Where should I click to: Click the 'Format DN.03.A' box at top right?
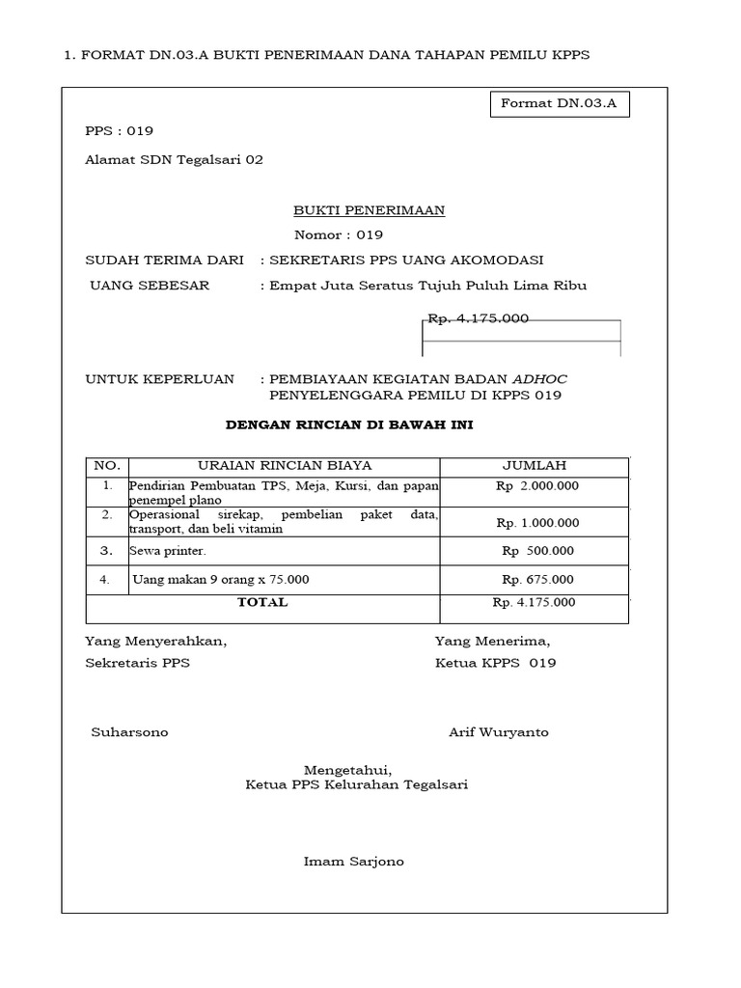[x=559, y=103]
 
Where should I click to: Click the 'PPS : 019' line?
[x=119, y=131]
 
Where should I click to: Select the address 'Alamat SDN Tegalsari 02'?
[x=174, y=160]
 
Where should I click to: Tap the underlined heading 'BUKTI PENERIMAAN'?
[x=369, y=210]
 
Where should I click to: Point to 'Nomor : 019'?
[x=338, y=234]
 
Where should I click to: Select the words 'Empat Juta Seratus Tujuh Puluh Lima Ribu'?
[x=427, y=286]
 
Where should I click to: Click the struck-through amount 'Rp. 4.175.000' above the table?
[x=479, y=318]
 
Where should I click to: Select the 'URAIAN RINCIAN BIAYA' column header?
[x=285, y=466]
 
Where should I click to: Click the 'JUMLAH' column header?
[x=535, y=466]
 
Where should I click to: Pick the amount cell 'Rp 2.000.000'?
[x=537, y=486]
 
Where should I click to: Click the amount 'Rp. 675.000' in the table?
[x=537, y=580]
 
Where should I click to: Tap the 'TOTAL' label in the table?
[x=262, y=602]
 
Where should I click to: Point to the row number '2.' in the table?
[x=107, y=515]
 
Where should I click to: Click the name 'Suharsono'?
[x=129, y=732]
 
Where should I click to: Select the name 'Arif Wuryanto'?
[x=498, y=732]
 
